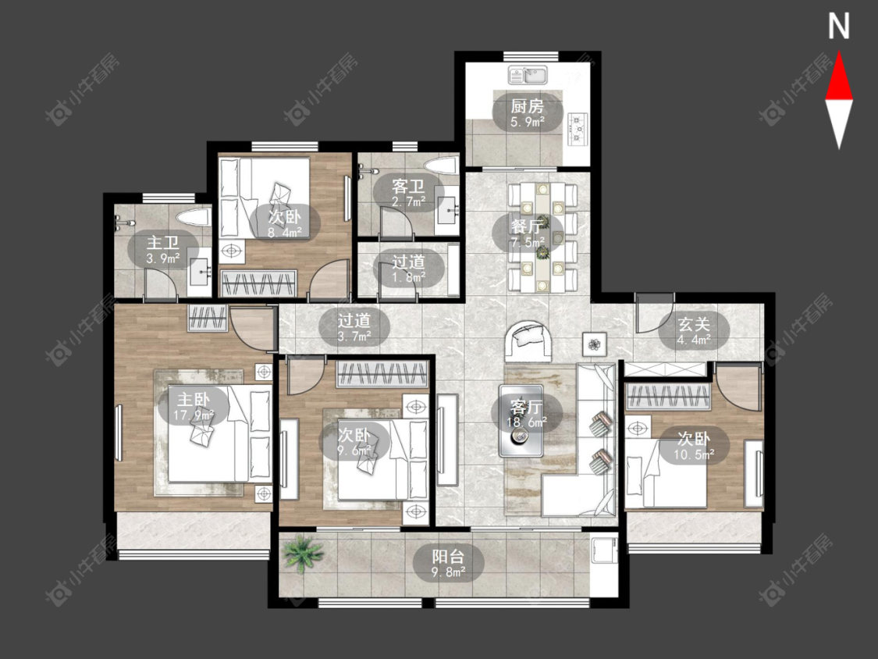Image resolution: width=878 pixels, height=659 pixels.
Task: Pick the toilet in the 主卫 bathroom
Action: tap(194, 217)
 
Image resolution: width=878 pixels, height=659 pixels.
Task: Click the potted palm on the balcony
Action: tap(303, 553)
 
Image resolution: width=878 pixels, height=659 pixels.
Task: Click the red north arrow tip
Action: tap(839, 52)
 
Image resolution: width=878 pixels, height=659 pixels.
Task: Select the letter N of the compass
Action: tap(839, 26)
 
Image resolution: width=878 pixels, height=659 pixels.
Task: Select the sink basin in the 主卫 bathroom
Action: tap(199, 273)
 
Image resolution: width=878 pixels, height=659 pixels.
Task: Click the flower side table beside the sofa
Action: tap(594, 344)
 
